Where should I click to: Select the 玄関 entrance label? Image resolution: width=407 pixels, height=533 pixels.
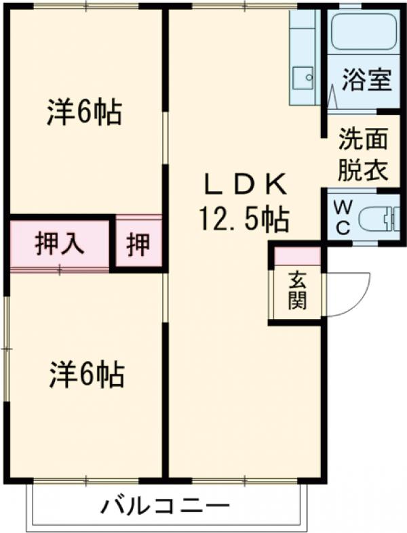tap(296, 291)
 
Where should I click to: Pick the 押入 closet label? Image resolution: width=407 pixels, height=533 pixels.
tap(60, 244)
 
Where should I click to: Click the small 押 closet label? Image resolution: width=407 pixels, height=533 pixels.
tap(138, 244)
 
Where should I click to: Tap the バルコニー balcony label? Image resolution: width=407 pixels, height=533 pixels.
tap(166, 506)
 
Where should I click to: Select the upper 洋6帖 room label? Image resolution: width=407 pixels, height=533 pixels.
tap(84, 112)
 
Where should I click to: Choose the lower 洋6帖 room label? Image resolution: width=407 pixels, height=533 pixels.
tap(85, 373)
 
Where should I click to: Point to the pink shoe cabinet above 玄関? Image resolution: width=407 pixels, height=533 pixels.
tap(296, 256)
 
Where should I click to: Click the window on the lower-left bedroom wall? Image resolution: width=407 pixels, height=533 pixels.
tap(6, 349)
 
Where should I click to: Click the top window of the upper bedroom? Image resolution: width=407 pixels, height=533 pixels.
tap(84, 6)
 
